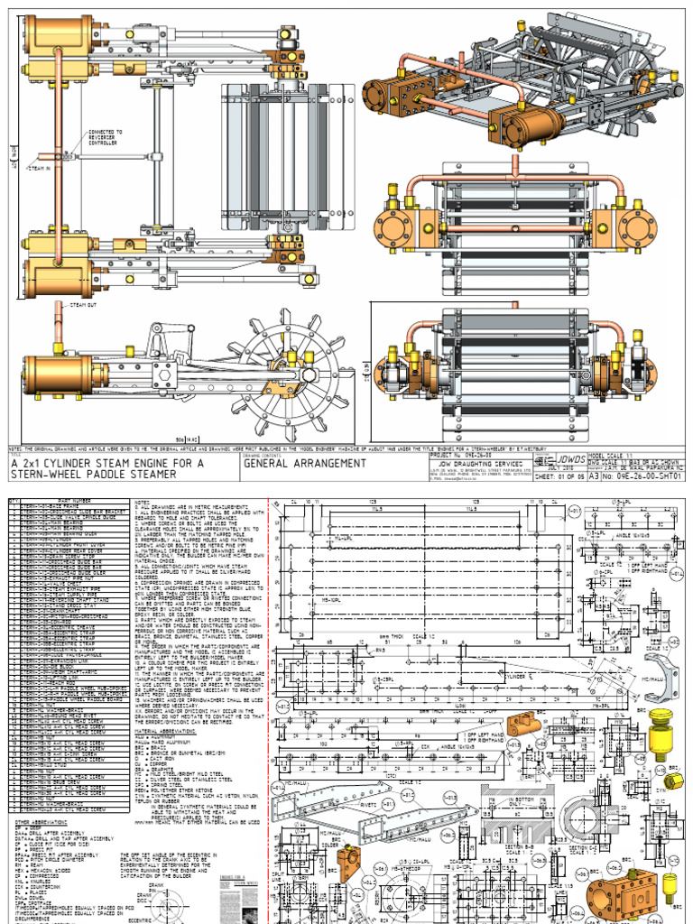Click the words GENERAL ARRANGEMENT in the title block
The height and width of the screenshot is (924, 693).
[x=305, y=463]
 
